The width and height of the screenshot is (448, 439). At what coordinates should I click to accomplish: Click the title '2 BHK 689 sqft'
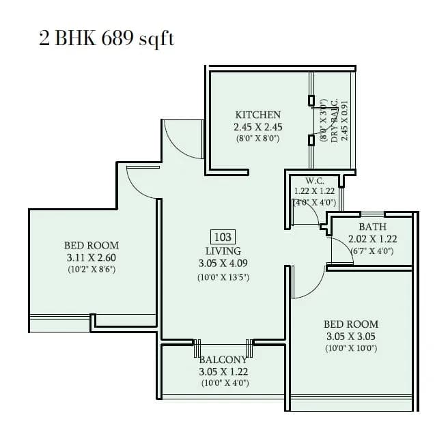(x=107, y=38)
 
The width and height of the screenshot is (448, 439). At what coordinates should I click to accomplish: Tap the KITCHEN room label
(x=257, y=115)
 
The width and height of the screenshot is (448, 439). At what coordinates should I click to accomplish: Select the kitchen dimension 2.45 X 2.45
(x=257, y=127)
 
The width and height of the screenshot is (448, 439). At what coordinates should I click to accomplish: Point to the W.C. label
(x=314, y=181)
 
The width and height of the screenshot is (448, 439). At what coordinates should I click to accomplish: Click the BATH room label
(x=372, y=227)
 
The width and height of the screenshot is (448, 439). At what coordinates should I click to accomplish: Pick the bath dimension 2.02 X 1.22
(x=372, y=239)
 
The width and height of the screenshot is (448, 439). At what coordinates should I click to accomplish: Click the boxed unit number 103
(x=223, y=238)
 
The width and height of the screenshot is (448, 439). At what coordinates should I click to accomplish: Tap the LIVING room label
(x=223, y=250)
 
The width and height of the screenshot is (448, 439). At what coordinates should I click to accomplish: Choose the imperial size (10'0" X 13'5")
(x=223, y=278)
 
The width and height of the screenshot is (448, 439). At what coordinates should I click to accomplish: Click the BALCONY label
(x=223, y=360)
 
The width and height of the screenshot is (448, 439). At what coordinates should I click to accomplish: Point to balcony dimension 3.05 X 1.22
(x=223, y=372)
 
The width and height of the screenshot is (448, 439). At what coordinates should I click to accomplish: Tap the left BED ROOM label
(x=92, y=245)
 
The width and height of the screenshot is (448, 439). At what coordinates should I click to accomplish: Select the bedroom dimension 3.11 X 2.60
(x=92, y=257)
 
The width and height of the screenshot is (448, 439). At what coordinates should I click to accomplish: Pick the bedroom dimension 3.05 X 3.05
(x=351, y=337)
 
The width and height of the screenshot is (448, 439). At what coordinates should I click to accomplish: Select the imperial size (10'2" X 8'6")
(x=92, y=270)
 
